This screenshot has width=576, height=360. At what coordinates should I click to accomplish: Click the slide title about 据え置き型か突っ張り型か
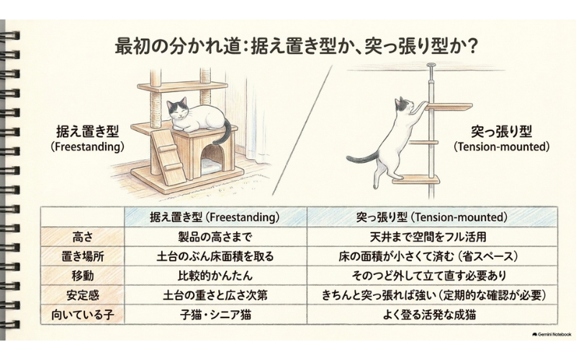click(296, 47)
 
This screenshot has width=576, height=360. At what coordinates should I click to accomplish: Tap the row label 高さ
click(83, 237)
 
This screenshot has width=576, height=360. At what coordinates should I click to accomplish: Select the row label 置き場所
click(83, 256)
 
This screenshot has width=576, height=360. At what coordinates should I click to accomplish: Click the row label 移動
click(83, 276)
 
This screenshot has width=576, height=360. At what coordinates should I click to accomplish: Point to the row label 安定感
click(83, 295)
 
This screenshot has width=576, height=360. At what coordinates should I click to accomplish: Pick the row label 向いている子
click(83, 315)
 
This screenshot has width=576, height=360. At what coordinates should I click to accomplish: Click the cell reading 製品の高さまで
click(215, 237)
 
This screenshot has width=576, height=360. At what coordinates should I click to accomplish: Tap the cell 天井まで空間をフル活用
click(428, 237)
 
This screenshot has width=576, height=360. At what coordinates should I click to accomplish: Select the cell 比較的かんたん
click(215, 276)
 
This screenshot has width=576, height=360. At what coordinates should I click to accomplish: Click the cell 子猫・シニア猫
click(215, 315)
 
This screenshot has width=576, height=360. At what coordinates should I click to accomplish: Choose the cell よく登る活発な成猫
click(429, 315)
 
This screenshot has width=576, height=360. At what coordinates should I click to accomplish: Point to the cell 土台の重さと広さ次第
click(215, 295)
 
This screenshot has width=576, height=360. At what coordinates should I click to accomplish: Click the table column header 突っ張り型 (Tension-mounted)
click(431, 217)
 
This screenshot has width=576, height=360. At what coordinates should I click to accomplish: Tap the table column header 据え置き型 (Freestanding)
click(215, 217)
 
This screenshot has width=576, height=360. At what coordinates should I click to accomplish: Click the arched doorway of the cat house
click(212, 158)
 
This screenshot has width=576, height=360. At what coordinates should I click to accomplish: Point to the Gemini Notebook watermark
click(552, 334)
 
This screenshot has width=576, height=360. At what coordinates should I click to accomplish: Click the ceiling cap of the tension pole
click(431, 66)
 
